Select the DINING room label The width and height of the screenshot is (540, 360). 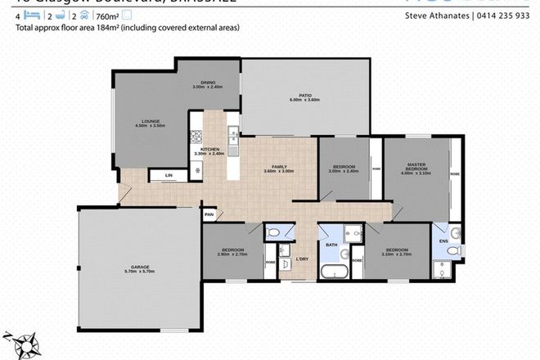(x=209, y=83)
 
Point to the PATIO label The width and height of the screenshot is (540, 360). (x=305, y=96)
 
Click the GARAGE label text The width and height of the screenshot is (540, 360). (x=137, y=266)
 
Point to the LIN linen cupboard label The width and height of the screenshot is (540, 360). (x=169, y=175)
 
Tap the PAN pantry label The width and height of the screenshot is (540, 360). (x=209, y=214)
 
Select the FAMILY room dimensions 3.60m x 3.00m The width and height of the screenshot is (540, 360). (x=280, y=173)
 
